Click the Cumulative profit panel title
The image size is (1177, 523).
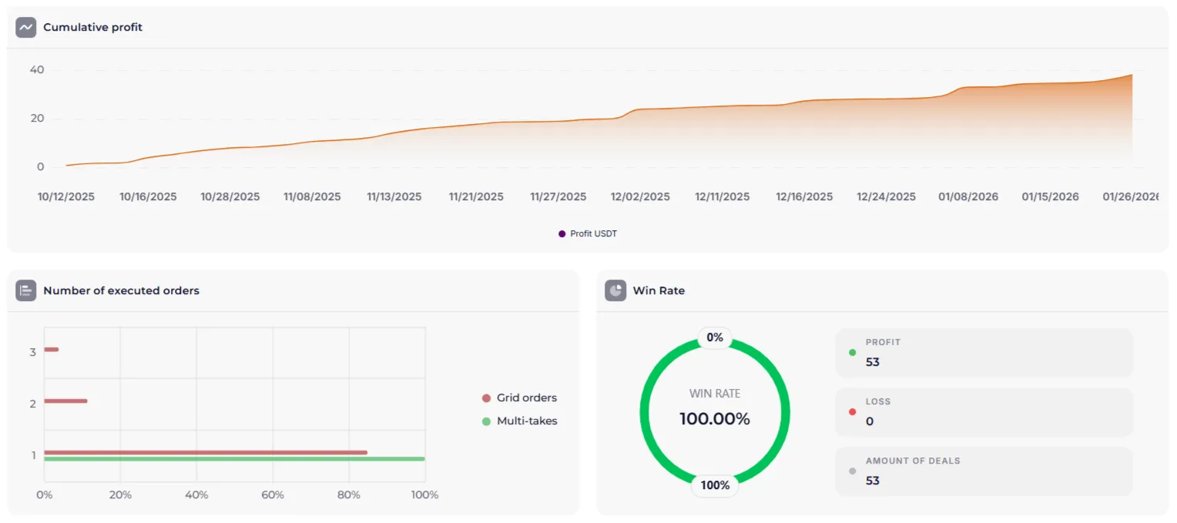92,27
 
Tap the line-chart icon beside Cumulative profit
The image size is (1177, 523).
26,27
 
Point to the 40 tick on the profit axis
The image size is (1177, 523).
37,70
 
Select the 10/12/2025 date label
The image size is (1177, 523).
66,196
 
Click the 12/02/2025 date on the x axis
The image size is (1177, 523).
640,196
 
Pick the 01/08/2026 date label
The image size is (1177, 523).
968,196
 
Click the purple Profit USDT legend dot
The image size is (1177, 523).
562,233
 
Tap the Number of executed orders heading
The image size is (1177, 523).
121,290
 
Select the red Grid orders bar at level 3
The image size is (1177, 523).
52,350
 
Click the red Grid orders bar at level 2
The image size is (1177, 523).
65,401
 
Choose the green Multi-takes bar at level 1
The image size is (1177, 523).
234,459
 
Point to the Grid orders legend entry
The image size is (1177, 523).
526,398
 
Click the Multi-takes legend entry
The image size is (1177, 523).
526,421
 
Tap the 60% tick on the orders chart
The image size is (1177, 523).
273,495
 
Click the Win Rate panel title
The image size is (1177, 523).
659,290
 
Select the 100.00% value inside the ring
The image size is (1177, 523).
714,419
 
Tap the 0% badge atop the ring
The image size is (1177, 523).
715,337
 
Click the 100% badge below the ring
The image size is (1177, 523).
715,485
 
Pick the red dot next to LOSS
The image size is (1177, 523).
852,411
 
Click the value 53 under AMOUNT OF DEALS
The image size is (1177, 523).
873,481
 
